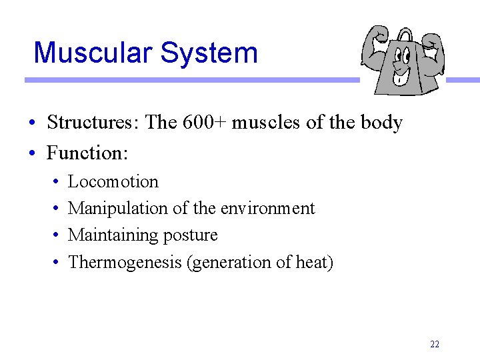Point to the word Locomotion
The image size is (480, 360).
[x=113, y=181]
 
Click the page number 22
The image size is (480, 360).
[x=435, y=344]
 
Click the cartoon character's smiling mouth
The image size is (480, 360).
[x=401, y=78]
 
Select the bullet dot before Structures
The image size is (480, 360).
[x=32, y=123]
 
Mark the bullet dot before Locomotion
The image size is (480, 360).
[x=55, y=182]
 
